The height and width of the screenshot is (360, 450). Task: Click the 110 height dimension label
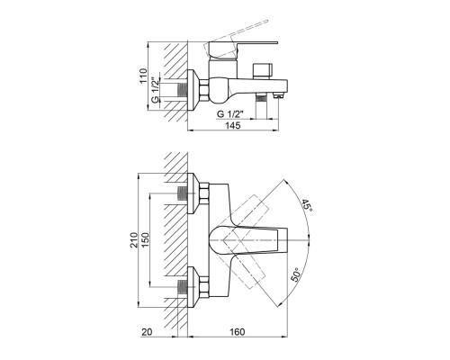[x=144, y=76]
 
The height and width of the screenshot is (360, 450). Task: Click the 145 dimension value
[x=233, y=125]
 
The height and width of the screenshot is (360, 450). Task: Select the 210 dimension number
[x=134, y=239]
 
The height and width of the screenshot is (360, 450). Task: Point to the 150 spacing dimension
[x=145, y=239]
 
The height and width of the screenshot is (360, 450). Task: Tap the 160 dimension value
[x=238, y=332]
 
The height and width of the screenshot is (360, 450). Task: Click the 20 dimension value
[x=147, y=332]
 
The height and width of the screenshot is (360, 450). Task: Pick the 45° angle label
[x=307, y=205]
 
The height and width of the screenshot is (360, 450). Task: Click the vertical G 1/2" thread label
[x=155, y=90]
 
